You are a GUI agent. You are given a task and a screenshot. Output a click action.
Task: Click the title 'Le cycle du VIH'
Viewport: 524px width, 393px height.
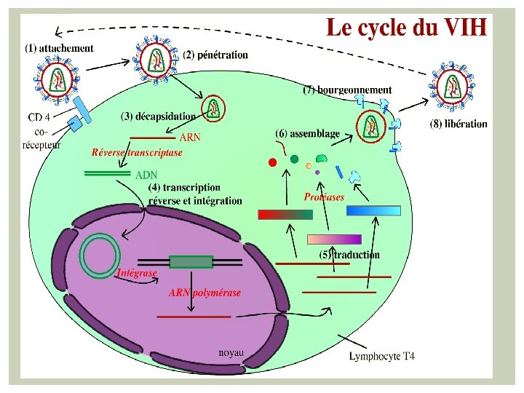[406, 28]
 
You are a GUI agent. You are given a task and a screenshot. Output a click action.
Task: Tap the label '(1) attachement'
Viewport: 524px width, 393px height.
[59, 49]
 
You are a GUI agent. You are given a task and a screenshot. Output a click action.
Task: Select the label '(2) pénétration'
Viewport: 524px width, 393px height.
[215, 55]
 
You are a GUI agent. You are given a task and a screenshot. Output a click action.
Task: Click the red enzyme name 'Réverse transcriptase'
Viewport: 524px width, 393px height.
[136, 153]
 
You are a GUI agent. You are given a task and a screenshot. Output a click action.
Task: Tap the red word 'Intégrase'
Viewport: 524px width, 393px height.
[137, 273]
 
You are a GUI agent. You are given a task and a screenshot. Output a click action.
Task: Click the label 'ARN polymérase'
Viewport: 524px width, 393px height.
[205, 293]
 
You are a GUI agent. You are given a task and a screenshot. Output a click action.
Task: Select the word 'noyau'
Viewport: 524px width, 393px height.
[231, 353]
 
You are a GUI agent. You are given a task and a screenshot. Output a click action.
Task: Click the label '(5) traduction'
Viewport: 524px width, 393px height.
[349, 255]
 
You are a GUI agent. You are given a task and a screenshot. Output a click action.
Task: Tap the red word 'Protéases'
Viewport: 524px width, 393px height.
[324, 196]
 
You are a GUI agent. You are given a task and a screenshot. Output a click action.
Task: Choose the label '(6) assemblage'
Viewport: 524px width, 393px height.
[307, 134]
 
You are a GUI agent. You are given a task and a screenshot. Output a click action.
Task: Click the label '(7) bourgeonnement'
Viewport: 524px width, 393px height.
[347, 90]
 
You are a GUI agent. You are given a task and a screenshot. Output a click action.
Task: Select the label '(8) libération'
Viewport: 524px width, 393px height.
[458, 124]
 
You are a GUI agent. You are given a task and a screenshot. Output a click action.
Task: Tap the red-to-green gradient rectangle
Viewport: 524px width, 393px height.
[285, 214]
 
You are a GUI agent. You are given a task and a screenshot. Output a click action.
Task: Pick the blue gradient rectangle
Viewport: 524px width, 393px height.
[373, 211]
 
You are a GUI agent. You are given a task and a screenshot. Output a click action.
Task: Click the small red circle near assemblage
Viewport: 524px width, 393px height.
[272, 162]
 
